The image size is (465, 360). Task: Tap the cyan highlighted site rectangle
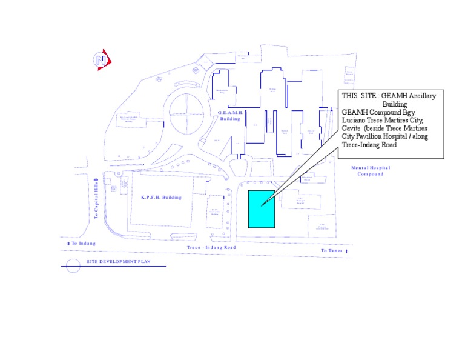262,208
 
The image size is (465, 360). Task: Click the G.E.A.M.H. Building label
230,116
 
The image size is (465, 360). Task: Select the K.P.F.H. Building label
161,198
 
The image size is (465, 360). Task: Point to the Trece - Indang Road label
211,248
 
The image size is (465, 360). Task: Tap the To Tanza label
332,250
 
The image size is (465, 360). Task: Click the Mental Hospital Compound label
371,171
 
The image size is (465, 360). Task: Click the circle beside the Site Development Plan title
73,265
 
